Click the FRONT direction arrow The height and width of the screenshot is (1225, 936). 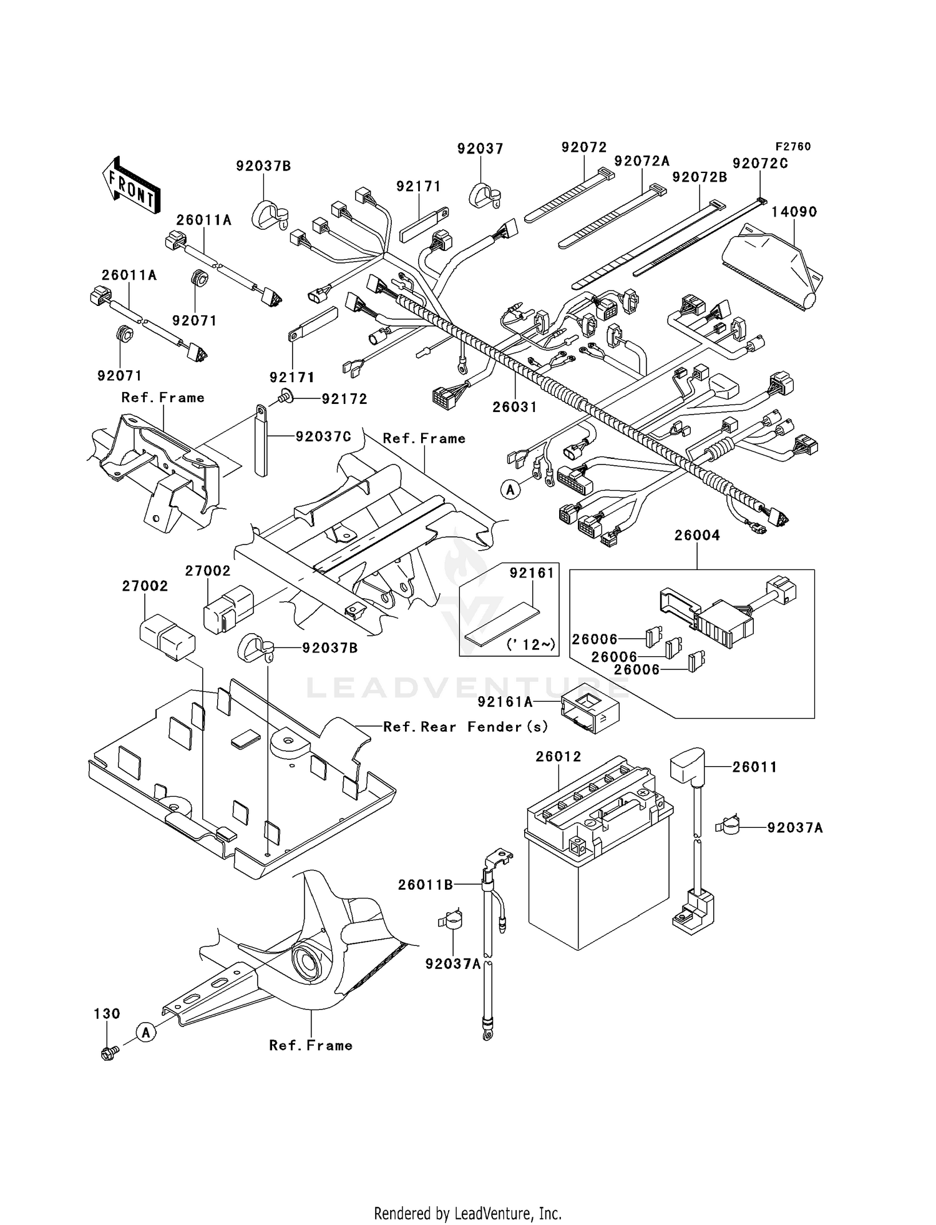[x=130, y=185]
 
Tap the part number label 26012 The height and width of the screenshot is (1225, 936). [x=558, y=757]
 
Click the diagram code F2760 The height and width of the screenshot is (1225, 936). [x=792, y=147]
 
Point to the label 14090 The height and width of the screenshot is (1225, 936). [x=794, y=212]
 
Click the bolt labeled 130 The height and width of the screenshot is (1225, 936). [x=108, y=1054]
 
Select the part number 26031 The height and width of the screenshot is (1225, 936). [x=514, y=407]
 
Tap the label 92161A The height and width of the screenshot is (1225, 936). [x=505, y=702]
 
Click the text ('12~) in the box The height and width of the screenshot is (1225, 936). [x=531, y=644]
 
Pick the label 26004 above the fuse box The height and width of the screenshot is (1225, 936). [x=697, y=535]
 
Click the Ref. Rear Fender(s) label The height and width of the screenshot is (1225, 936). [x=466, y=727]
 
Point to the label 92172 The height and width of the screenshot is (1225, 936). [x=344, y=399]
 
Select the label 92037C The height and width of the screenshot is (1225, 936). [x=323, y=437]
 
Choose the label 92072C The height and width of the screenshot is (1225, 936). [x=760, y=164]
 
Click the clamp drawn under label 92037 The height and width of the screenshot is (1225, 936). [x=483, y=195]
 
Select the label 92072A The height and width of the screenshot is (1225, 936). [x=641, y=161]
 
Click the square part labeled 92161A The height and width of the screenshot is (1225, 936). [x=590, y=712]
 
